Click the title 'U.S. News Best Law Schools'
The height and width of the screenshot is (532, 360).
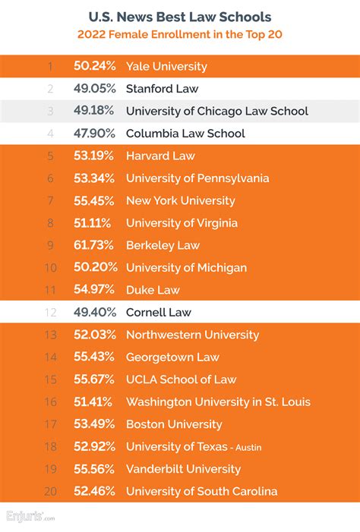(x=180, y=16)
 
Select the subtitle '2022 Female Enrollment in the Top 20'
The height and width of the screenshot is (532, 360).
(x=180, y=34)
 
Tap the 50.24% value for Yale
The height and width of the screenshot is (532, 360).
(x=95, y=67)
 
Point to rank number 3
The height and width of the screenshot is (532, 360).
(x=49, y=112)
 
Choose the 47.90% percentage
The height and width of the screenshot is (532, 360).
(x=95, y=134)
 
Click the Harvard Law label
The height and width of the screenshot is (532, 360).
(x=160, y=156)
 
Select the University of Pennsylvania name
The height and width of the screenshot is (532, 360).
(x=197, y=178)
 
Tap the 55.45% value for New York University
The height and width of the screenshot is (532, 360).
(x=95, y=201)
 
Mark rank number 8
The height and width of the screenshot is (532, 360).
(x=49, y=223)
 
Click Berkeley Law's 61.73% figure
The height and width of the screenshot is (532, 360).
(x=95, y=245)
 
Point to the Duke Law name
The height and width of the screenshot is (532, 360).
(x=152, y=290)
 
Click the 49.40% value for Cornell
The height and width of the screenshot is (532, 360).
(x=95, y=313)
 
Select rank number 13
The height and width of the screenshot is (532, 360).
(x=49, y=335)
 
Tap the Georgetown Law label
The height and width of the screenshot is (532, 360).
(x=172, y=357)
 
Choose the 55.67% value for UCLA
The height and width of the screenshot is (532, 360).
(x=95, y=379)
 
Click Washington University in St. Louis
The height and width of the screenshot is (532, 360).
(x=218, y=402)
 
